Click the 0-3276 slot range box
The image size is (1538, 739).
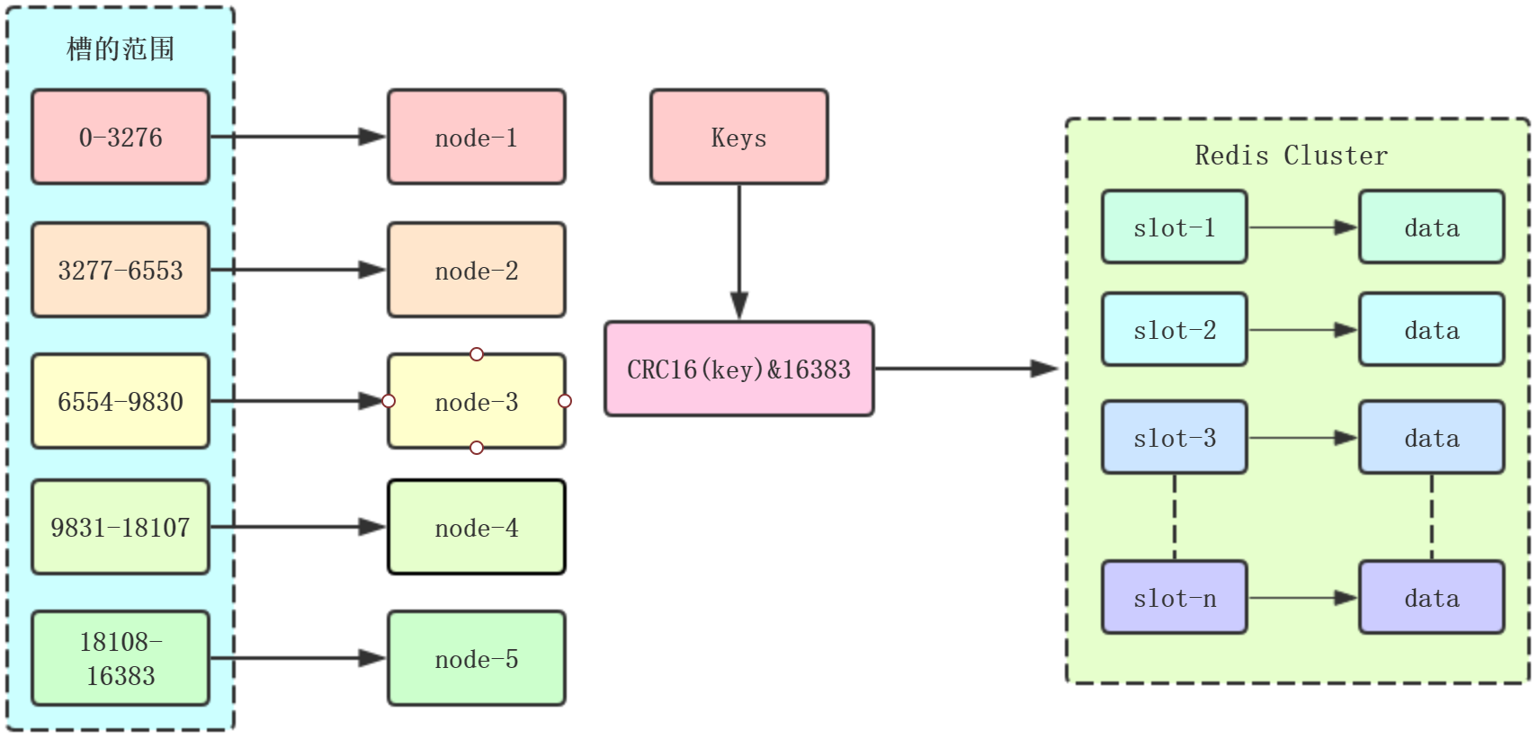(x=121, y=137)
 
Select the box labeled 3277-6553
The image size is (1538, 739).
(x=121, y=270)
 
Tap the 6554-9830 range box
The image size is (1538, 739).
(x=121, y=401)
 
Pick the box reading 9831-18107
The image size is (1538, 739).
(x=121, y=527)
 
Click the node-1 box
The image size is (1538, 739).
(x=476, y=137)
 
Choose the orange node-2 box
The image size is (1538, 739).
(x=476, y=270)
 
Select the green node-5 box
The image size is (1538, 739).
(x=476, y=658)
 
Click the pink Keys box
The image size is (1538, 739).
(x=738, y=137)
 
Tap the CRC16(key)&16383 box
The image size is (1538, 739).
(x=738, y=369)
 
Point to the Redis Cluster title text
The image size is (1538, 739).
(x=1291, y=156)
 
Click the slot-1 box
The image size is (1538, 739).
(x=1174, y=227)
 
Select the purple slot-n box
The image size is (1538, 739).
(x=1174, y=598)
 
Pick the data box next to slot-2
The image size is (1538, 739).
(x=1431, y=330)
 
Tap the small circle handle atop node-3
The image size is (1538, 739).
(x=477, y=354)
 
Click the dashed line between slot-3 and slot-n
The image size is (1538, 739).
(x=1175, y=517)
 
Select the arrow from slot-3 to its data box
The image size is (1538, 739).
(x=1301, y=438)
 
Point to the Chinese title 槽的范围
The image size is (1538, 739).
(x=121, y=49)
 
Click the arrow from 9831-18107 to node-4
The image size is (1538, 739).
(x=297, y=527)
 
